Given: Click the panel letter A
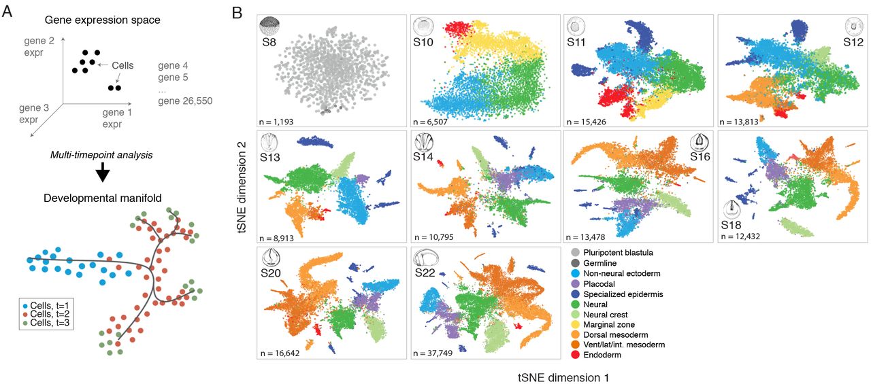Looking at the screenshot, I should click(7, 10).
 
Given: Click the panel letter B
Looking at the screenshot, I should click(237, 12).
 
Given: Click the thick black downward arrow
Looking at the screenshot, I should click(103, 173).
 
